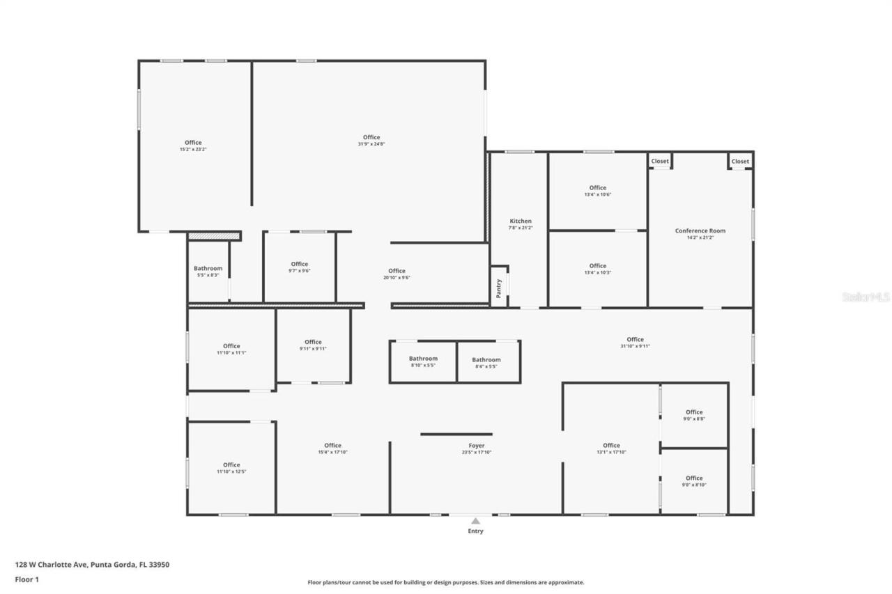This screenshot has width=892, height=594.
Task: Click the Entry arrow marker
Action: (x=475, y=521)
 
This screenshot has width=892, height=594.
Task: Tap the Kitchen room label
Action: (x=521, y=221)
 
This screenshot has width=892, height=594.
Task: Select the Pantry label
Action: (x=498, y=288)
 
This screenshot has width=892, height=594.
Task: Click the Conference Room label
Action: (x=700, y=230)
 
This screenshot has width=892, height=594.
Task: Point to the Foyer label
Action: (x=476, y=446)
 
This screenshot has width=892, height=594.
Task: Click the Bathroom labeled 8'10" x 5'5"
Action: (x=423, y=359)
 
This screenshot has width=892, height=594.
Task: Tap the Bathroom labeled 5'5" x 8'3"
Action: (x=208, y=269)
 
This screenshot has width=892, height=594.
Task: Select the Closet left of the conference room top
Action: (x=660, y=162)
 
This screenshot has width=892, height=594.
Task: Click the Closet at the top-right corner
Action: (x=740, y=162)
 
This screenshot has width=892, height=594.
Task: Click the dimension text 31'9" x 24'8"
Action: (x=371, y=144)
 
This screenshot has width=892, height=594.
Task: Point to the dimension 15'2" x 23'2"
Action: (x=193, y=149)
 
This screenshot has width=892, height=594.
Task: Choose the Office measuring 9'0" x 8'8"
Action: (x=694, y=412)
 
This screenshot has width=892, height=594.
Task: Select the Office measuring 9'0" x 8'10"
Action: (x=694, y=478)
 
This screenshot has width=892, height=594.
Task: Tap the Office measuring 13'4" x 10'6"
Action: (x=597, y=188)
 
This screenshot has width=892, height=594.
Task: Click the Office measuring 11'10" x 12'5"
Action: (x=231, y=465)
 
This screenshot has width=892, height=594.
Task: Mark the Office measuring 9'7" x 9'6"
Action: (x=300, y=264)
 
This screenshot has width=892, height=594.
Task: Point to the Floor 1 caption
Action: (x=27, y=579)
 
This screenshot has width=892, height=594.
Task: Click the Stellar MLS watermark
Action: (x=866, y=297)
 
